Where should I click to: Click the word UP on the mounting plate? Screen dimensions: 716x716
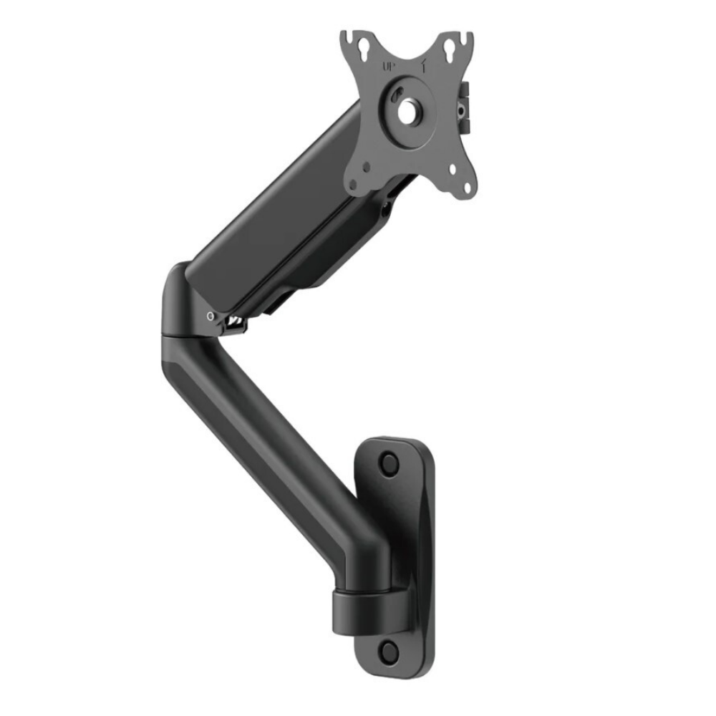click(389, 67)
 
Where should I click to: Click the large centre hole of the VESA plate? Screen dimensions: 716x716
click(407, 111)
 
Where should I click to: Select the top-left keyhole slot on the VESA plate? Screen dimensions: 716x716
click(364, 49)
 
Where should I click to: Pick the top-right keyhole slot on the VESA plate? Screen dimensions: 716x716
click(450, 48)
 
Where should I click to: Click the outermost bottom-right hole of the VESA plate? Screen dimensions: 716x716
click(467, 187)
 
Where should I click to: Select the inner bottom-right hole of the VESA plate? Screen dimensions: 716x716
click(453, 170)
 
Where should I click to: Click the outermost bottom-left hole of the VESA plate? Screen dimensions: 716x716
click(353, 185)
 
